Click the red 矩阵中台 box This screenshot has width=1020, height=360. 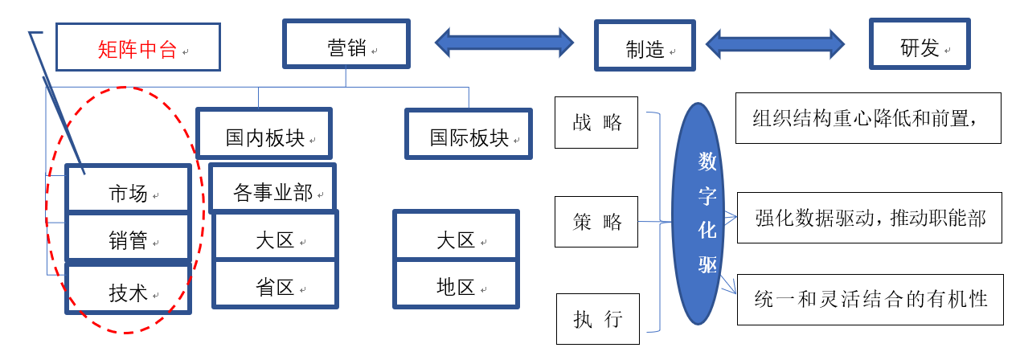[x=137, y=47]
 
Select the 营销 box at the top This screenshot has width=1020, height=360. [x=346, y=44]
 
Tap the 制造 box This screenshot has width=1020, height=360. [x=643, y=45]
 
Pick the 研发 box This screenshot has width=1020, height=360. [x=920, y=45]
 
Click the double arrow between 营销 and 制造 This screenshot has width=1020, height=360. [x=504, y=40]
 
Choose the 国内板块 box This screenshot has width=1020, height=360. [x=264, y=133]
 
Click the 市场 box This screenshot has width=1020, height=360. [x=129, y=190]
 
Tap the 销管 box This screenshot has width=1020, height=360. [x=129, y=238]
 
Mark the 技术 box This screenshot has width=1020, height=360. [x=129, y=289]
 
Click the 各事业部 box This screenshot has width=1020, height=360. [x=272, y=189]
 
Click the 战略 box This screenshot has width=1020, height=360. [x=596, y=122]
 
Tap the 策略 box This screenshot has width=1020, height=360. [x=596, y=221]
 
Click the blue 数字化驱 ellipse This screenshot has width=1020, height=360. [x=707, y=213]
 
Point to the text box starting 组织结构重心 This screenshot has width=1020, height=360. [x=868, y=118]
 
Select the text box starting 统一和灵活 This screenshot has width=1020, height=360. [x=870, y=299]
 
